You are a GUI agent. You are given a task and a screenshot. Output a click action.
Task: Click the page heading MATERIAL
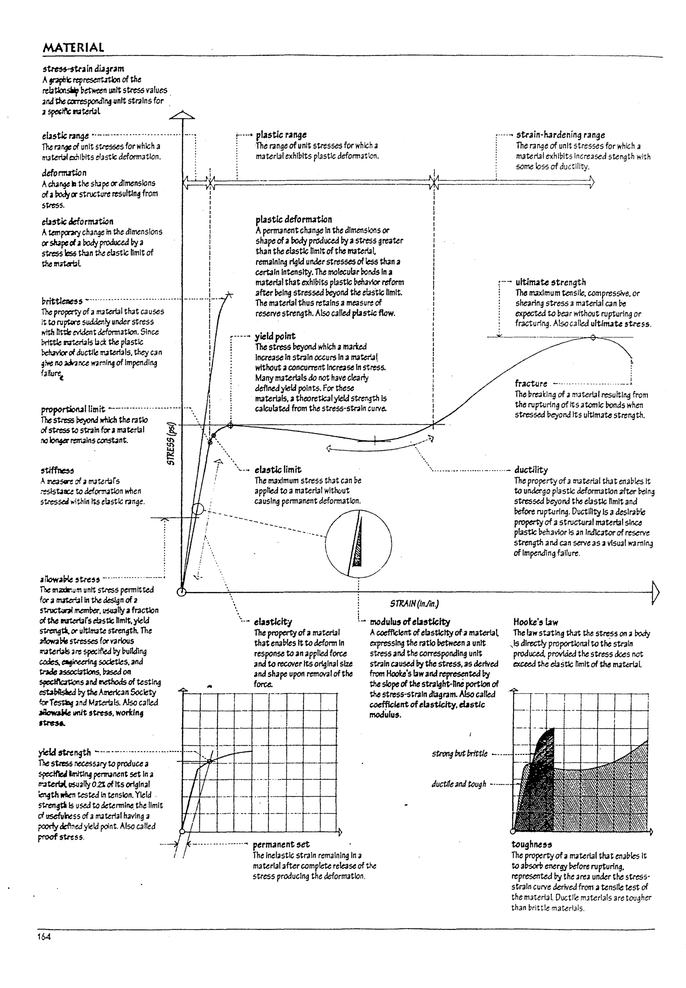click(x=73, y=47)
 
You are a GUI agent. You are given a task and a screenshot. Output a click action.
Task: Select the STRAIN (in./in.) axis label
click(x=414, y=603)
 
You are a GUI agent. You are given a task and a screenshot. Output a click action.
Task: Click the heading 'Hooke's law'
click(x=531, y=622)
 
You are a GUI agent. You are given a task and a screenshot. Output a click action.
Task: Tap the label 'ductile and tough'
click(x=459, y=784)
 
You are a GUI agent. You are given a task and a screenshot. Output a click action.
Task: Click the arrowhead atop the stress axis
click(x=182, y=115)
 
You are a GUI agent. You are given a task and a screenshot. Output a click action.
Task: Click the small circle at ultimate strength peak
click(x=593, y=338)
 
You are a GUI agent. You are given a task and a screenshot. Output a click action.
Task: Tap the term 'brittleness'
click(x=62, y=301)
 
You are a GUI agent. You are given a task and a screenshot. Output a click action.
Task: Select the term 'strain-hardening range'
click(x=560, y=135)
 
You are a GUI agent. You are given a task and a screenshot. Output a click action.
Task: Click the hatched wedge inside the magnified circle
click(x=358, y=545)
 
